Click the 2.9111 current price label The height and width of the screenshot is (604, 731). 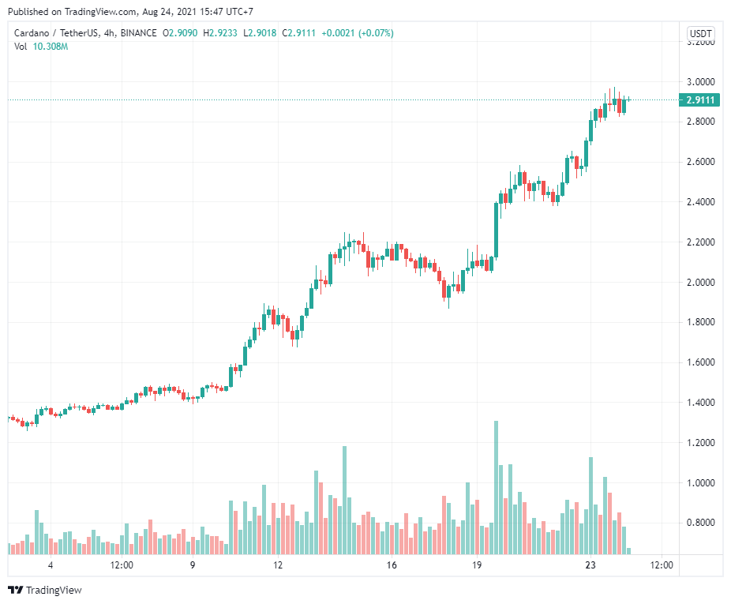click(701, 100)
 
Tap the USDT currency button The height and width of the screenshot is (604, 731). click(700, 33)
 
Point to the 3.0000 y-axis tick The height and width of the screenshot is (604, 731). click(701, 82)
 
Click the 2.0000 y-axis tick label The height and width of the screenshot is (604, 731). click(701, 283)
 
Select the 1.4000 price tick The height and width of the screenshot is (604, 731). click(701, 403)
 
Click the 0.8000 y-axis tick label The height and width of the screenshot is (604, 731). click(701, 523)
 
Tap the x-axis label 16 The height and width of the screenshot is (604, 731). click(392, 565)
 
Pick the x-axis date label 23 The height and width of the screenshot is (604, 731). click(590, 565)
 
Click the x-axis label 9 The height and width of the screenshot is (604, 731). click(193, 565)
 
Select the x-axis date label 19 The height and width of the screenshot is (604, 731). click(477, 565)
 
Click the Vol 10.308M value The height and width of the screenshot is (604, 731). click(51, 47)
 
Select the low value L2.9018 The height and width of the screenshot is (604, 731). click(259, 33)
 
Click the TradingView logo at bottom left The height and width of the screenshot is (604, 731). click(44, 590)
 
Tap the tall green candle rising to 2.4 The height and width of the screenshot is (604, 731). click(496, 229)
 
